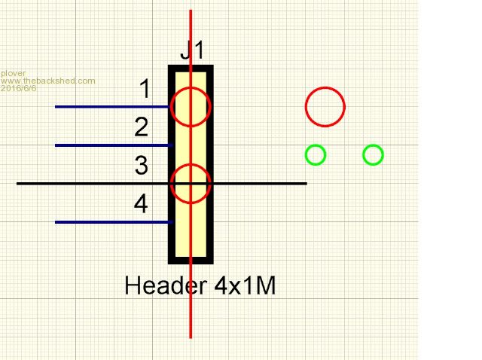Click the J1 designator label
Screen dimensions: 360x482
click(192, 52)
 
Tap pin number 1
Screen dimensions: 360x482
click(145, 90)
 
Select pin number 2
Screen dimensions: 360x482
click(142, 128)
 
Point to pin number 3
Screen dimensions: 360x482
click(142, 166)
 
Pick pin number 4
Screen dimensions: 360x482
click(142, 204)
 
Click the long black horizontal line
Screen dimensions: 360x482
click(75, 183)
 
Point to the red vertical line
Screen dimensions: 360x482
click(191, 301)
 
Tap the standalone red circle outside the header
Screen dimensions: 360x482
click(325, 106)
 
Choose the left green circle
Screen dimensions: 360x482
click(316, 155)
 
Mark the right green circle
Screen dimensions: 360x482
click(373, 155)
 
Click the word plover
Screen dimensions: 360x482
click(13, 73)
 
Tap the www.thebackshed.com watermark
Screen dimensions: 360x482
click(47, 81)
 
